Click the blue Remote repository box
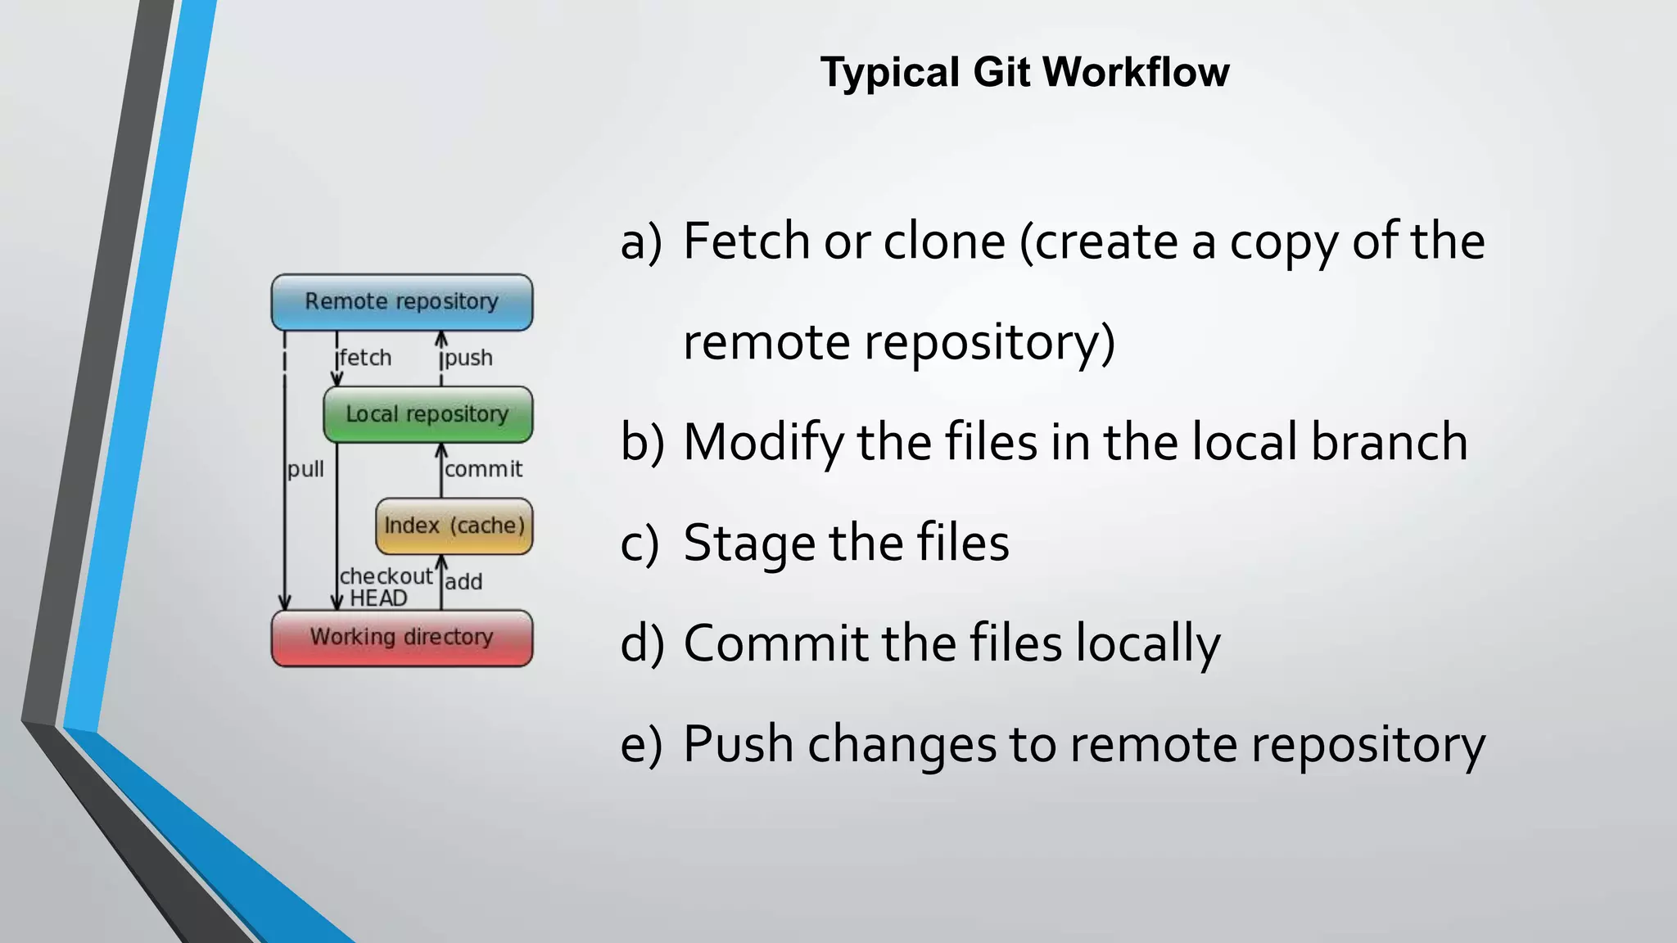[401, 302]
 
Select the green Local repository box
[427, 414]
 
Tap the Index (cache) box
[454, 526]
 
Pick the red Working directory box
[401, 638]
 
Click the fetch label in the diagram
[366, 359]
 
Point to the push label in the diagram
[468, 359]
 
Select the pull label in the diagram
[305, 470]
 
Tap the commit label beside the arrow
[483, 470]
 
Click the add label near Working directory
[463, 582]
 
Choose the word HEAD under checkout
[378, 598]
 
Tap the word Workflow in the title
[1136, 72]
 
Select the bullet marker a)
[640, 241]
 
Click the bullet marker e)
[640, 744]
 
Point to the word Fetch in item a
[747, 241]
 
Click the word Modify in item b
[763, 443]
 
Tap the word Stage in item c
[749, 544]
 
